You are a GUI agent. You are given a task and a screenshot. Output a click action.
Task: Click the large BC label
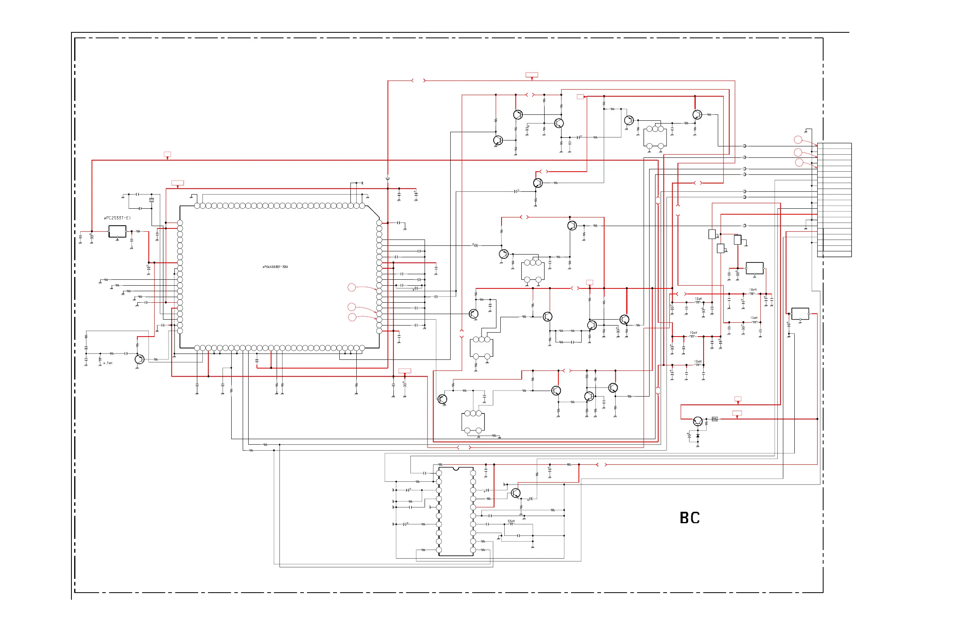tap(690, 518)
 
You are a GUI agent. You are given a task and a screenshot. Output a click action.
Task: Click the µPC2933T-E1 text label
tap(117, 218)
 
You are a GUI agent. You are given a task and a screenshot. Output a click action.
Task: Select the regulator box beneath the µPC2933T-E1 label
tap(117, 231)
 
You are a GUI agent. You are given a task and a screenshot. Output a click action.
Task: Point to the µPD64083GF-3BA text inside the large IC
tap(275, 267)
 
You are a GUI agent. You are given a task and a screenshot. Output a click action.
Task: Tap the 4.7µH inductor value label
tap(108, 363)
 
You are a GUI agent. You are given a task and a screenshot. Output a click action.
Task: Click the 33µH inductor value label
tap(511, 521)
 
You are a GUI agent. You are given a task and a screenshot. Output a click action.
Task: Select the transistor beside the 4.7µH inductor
tap(139, 359)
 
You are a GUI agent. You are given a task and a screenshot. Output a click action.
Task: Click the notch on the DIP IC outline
tap(456, 469)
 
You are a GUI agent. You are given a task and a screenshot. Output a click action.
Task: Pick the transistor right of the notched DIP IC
tap(515, 493)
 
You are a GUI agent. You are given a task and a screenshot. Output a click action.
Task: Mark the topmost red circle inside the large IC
tap(352, 287)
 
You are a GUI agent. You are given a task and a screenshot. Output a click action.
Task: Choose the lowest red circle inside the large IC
tap(352, 317)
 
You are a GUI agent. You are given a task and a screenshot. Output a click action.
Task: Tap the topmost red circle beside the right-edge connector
tap(798, 140)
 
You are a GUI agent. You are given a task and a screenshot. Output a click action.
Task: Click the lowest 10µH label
tap(697, 361)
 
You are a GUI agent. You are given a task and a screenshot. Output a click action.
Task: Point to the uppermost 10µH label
tap(753, 290)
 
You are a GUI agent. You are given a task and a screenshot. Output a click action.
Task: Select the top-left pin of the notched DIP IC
tap(439, 473)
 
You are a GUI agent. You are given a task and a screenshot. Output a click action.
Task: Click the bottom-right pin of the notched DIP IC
tap(473, 550)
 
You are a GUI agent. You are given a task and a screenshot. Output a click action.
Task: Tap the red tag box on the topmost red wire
tap(532, 75)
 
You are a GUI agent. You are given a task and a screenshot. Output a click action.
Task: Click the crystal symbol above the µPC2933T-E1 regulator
tap(152, 200)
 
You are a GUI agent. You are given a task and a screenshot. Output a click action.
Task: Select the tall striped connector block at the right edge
tap(834, 200)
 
